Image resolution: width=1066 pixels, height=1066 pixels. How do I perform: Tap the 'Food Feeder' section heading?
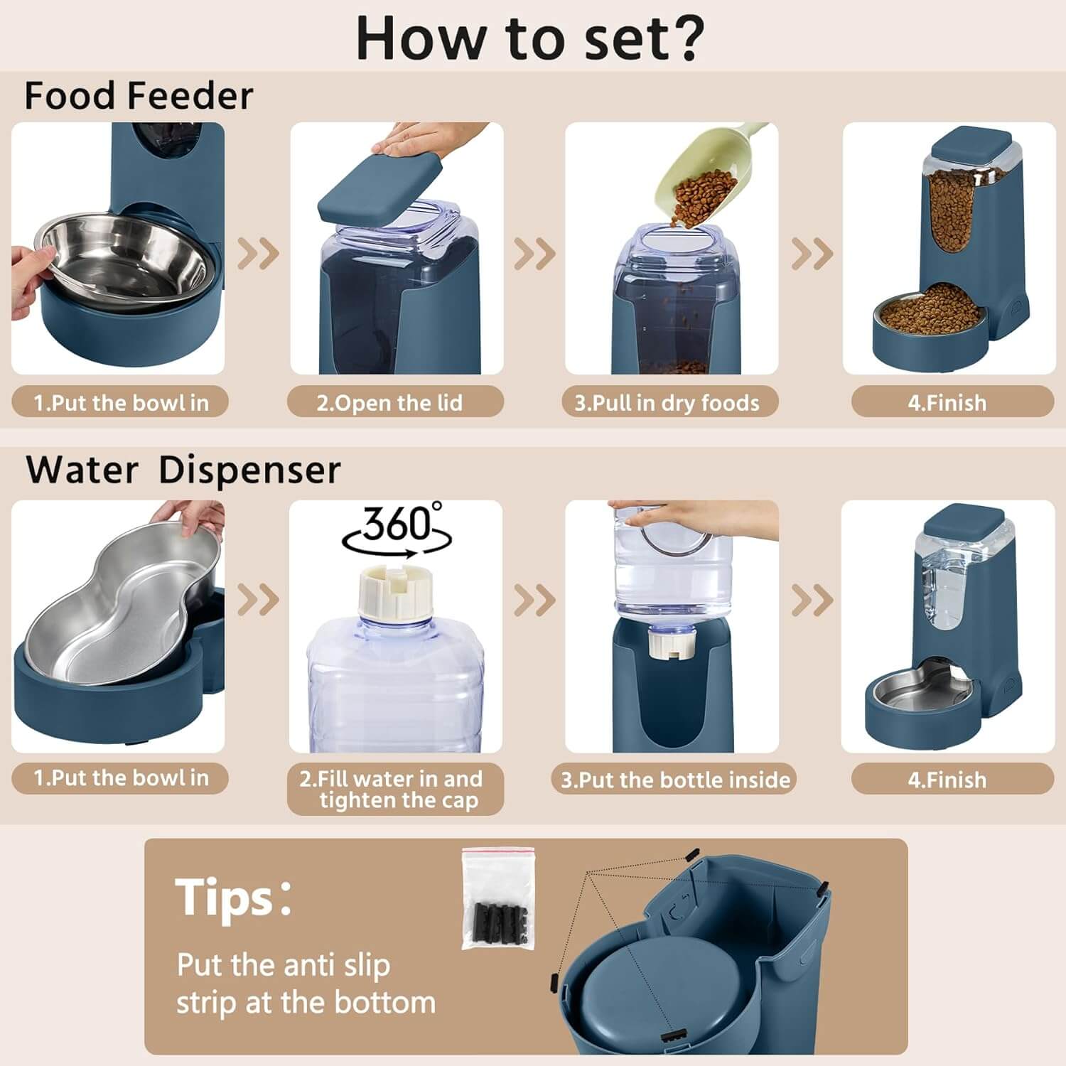(139, 96)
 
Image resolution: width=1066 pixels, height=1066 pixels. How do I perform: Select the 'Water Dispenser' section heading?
(183, 470)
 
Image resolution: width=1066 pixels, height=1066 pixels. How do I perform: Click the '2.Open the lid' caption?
(389, 403)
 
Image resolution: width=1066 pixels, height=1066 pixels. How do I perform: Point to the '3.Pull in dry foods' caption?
(667, 403)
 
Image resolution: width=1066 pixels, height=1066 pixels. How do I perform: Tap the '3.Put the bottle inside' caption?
(675, 780)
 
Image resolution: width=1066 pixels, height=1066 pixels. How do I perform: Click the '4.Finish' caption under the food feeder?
(947, 403)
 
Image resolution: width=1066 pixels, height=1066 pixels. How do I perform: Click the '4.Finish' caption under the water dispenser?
(947, 780)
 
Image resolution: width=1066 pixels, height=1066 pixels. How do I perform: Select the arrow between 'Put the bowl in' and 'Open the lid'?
(257, 253)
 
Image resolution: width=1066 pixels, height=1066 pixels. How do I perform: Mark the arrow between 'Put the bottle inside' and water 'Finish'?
(812, 601)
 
